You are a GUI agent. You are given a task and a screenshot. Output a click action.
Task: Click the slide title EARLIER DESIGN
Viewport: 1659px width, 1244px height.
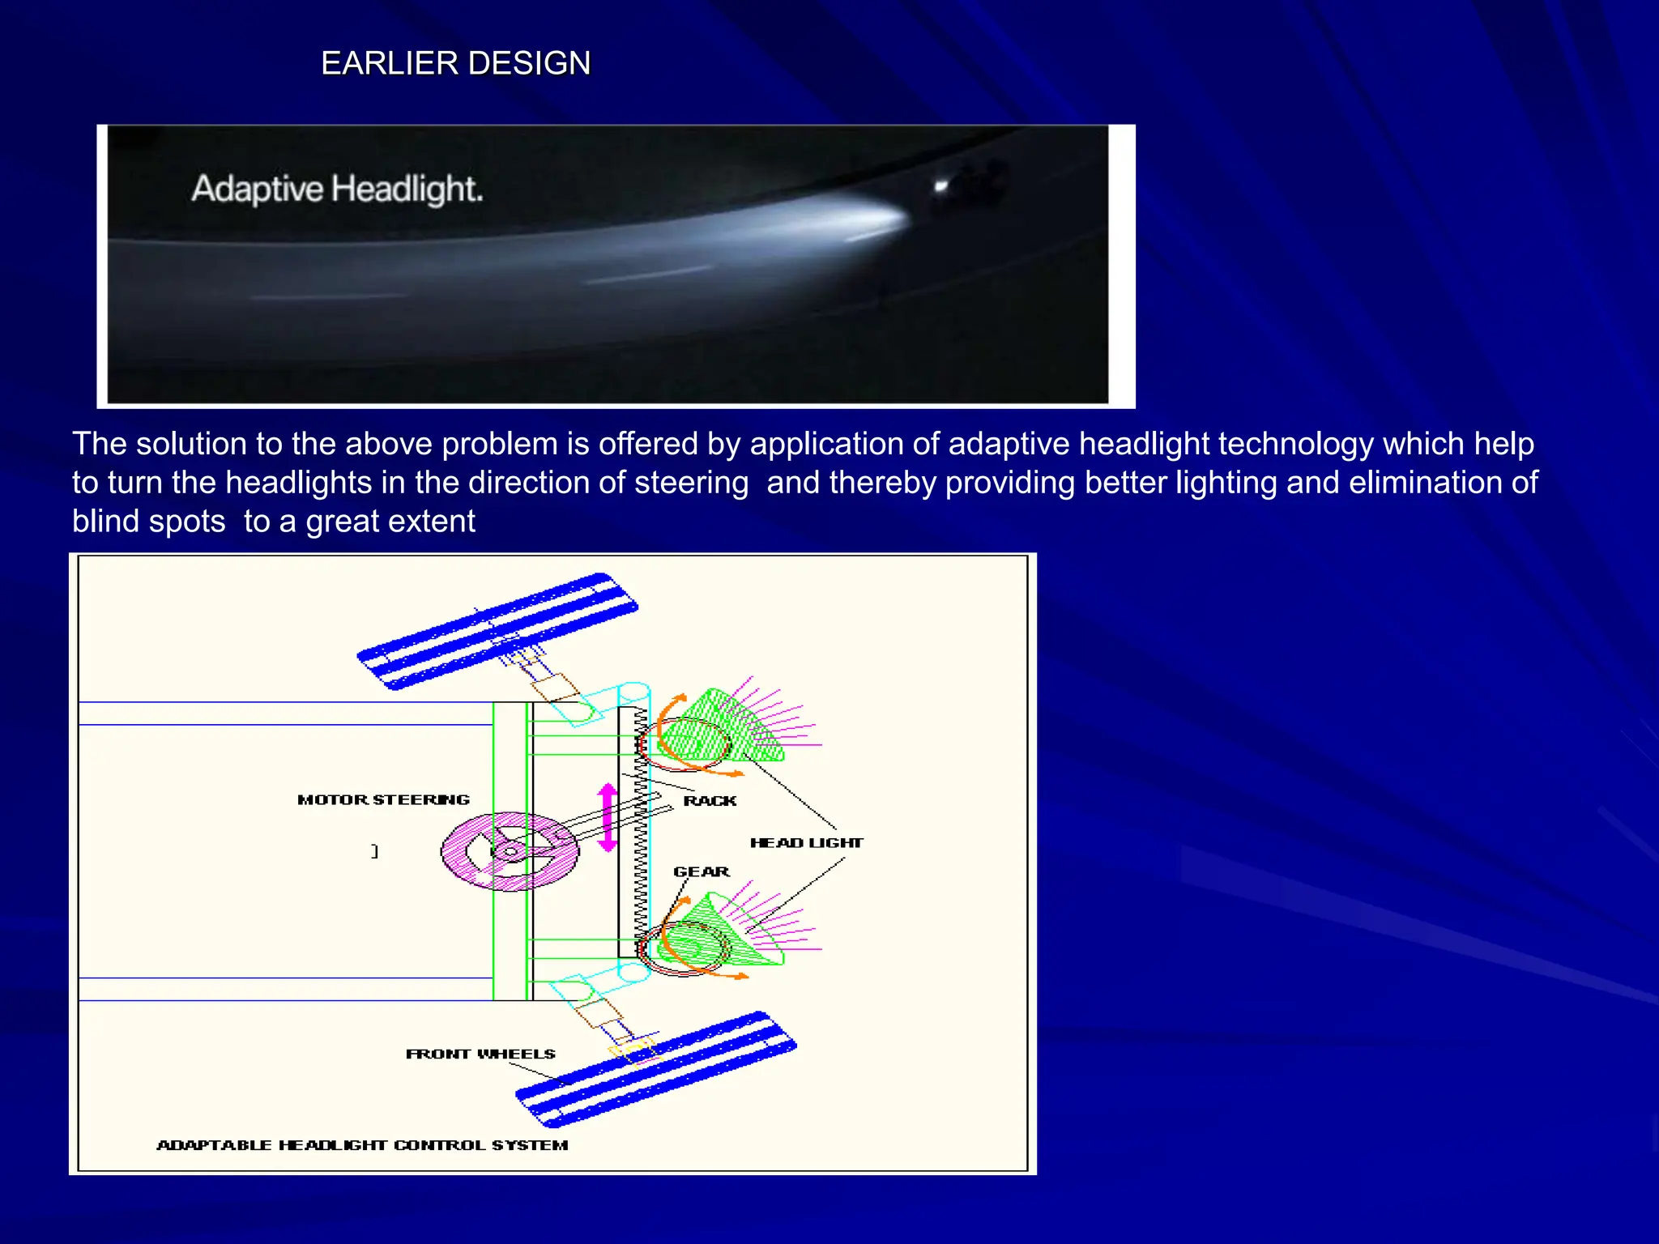pos(455,63)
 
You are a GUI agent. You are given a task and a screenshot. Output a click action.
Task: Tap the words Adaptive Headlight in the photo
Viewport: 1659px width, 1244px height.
pos(336,189)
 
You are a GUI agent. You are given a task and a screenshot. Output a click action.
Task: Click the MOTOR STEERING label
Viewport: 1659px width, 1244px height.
pos(383,799)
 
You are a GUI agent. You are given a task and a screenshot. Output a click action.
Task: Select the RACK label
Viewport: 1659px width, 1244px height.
pos(710,800)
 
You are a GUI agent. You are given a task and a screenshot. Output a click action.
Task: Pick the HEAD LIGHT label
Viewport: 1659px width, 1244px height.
pos(806,842)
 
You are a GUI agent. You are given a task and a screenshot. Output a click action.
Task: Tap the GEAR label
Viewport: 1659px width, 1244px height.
pos(702,871)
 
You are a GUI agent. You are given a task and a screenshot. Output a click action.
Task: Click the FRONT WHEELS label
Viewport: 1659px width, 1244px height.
pos(480,1054)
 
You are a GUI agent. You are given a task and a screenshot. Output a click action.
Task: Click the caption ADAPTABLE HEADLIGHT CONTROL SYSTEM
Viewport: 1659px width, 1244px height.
pos(362,1144)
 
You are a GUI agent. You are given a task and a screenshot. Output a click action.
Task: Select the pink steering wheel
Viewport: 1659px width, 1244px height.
pos(510,851)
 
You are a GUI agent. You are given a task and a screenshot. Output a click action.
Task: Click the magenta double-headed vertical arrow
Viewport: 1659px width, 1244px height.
pos(608,816)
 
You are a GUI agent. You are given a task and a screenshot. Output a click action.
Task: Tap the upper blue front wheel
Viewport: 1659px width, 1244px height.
pos(497,631)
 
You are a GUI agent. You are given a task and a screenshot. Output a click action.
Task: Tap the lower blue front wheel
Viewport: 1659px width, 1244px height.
pos(656,1069)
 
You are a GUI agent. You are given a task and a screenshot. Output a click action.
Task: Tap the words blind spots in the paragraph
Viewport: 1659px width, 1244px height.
pos(149,522)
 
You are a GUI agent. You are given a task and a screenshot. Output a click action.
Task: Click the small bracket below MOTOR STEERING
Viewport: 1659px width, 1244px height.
pos(374,851)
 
